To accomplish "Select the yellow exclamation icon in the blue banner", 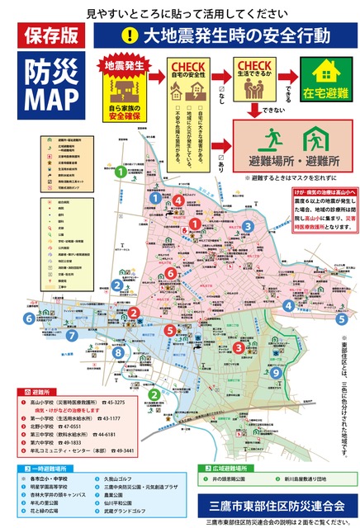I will (129, 35).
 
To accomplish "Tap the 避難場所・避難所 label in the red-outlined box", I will (287, 158).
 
